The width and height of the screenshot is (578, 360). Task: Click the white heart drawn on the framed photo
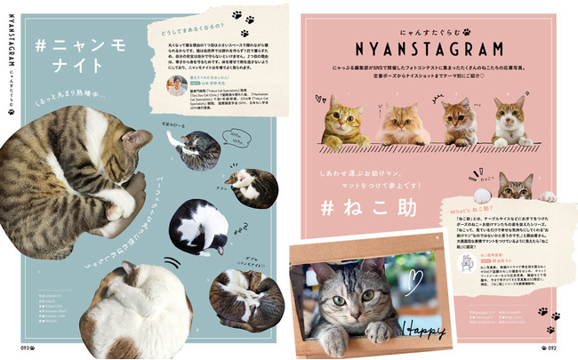pyautogui.click(x=413, y=283)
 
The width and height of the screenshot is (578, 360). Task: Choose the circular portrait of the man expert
pyautogui.click(x=175, y=84)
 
